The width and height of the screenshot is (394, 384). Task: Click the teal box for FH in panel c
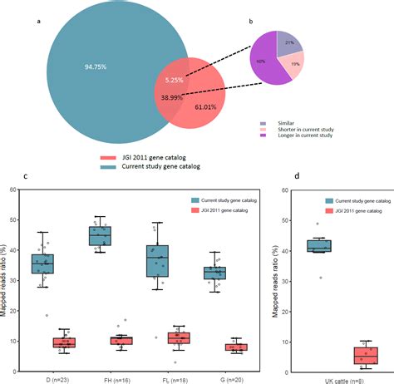[123, 237]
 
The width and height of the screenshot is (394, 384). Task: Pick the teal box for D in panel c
[42, 263]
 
